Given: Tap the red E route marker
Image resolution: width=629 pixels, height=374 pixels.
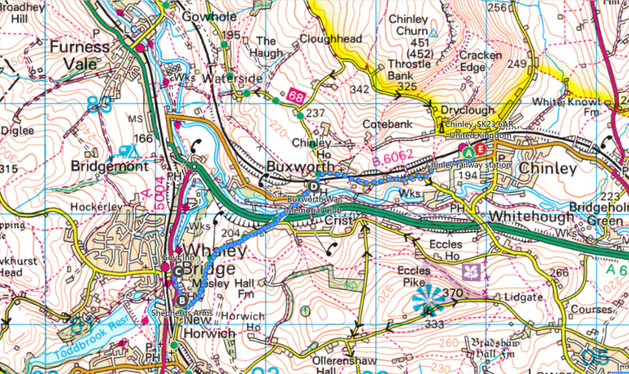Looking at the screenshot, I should click(480, 150).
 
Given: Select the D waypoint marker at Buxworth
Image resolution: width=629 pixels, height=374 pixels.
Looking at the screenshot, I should click(314, 186).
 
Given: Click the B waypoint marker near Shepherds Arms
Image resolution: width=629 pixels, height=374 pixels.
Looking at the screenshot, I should click(182, 300).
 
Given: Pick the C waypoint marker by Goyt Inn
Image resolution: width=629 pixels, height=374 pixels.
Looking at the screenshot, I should click(178, 272).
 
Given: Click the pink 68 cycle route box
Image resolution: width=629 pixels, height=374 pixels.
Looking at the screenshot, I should click(295, 94).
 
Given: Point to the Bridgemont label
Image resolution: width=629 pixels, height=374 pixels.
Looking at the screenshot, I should click(109, 168).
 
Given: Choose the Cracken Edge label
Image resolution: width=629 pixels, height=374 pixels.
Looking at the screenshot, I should click(482, 61).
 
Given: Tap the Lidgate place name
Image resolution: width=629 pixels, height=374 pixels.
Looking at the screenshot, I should click(521, 296).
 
